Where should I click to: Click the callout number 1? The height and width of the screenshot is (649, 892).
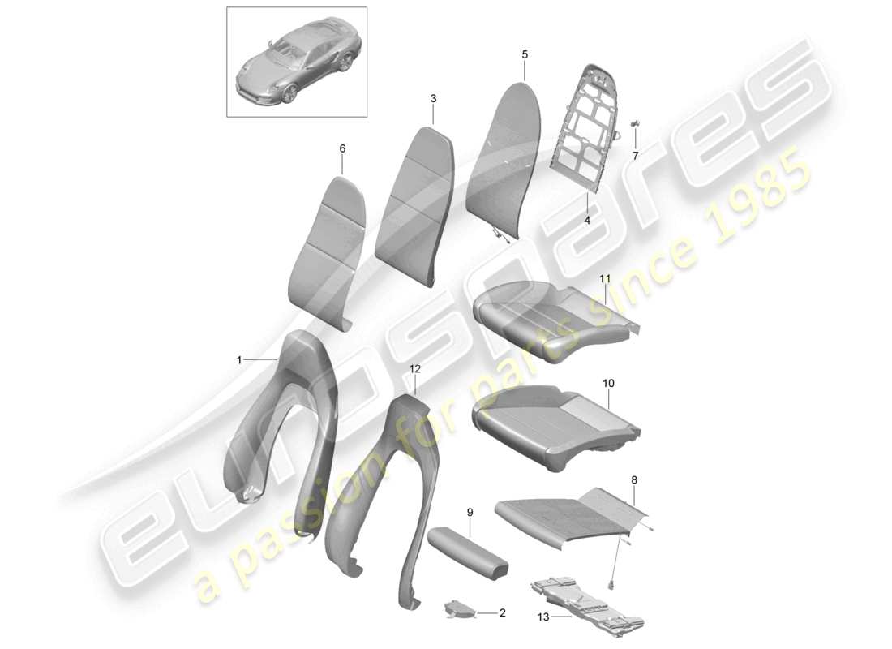[x=240, y=359]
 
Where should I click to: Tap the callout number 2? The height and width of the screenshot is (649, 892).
[x=502, y=613]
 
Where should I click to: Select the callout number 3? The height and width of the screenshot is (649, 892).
[x=433, y=98]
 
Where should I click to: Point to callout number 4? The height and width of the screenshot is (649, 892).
[x=587, y=220]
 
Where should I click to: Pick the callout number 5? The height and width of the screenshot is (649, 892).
[x=525, y=54]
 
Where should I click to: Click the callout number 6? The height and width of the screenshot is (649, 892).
[x=342, y=148]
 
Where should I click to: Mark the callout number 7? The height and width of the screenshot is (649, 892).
[x=636, y=155]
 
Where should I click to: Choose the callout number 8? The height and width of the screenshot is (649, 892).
[x=634, y=480]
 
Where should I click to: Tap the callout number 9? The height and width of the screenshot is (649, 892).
[x=470, y=512]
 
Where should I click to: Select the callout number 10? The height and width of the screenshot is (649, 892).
[x=609, y=382]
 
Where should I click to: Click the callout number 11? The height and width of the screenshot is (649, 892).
[x=604, y=278]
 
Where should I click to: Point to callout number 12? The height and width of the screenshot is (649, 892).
[x=415, y=368]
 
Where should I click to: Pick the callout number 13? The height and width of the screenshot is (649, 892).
[x=543, y=617]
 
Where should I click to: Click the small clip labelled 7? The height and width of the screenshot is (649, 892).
[x=634, y=123]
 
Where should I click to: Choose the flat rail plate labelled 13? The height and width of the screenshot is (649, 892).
[x=585, y=600]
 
